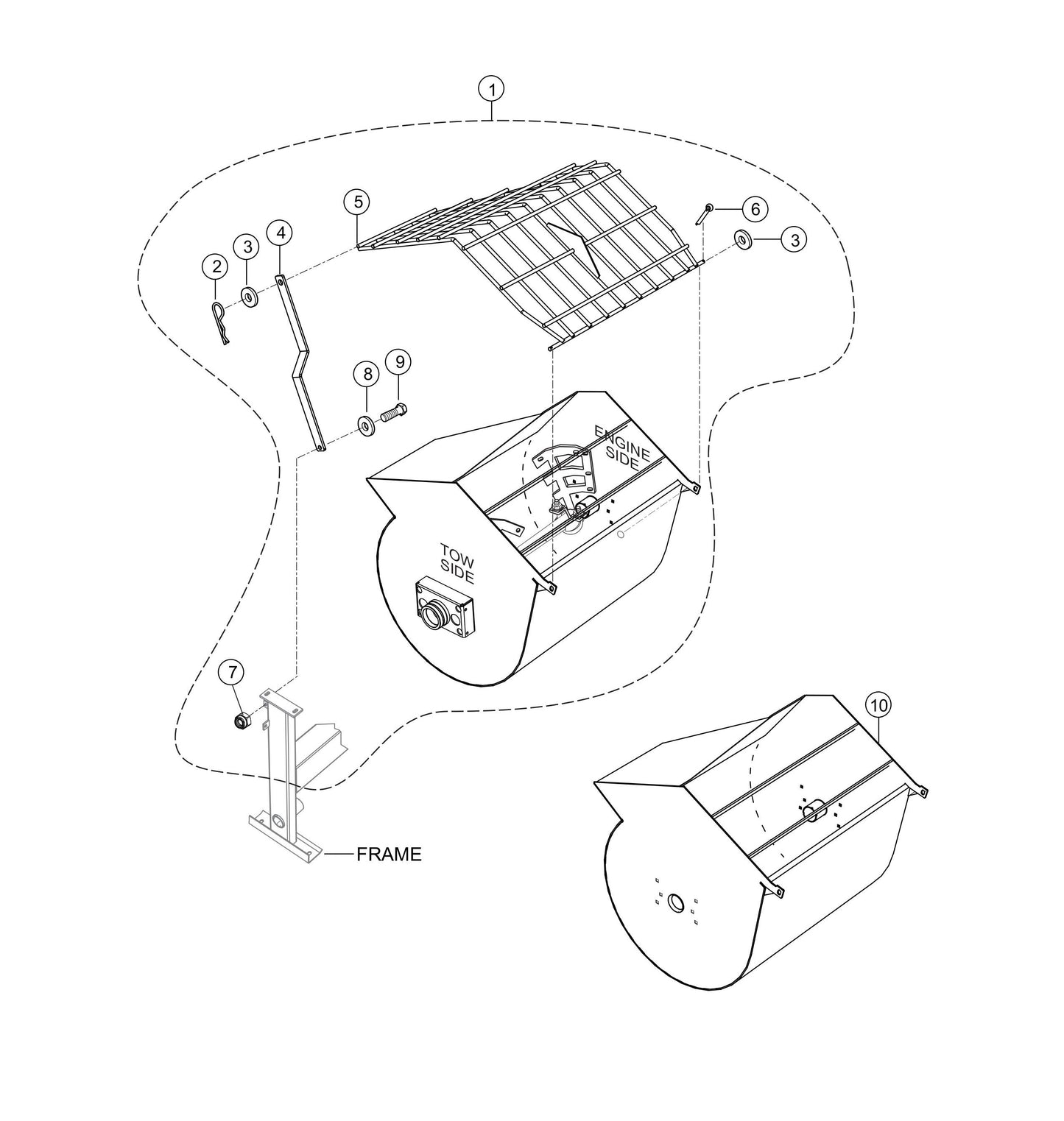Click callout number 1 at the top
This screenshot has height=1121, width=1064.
coord(491,90)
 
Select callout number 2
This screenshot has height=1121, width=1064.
coord(215,267)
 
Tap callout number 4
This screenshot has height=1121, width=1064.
coord(280,233)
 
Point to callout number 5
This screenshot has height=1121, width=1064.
coord(357,201)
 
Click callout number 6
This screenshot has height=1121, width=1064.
coord(755,209)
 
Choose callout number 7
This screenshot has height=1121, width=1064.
coord(233,671)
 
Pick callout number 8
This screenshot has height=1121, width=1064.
coord(367,373)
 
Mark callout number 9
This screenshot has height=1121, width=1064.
coord(399,361)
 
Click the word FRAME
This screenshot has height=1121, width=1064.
coord(389,855)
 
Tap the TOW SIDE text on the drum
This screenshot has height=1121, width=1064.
coord(457,563)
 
